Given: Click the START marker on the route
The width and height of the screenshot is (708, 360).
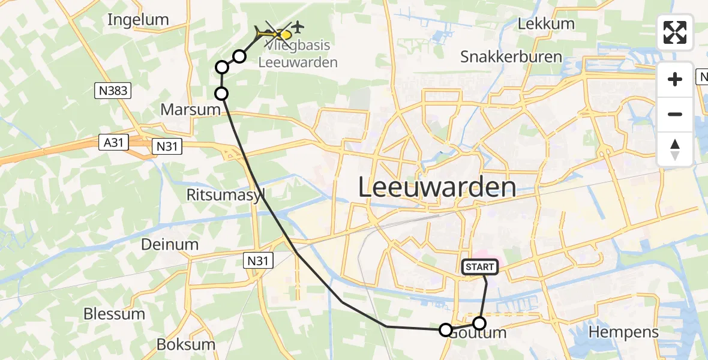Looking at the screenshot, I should point(479,267).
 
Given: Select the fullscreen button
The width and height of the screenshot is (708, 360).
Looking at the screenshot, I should point(675,32).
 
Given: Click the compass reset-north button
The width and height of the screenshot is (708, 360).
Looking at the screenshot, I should point(675,149).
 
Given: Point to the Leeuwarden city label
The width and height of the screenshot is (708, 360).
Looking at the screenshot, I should point(437,187).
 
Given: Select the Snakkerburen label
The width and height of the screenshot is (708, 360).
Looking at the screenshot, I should point(511,57).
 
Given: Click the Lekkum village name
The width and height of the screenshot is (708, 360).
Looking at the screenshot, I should point(546,24).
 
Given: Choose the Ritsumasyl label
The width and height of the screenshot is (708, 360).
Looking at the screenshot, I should point(226,195).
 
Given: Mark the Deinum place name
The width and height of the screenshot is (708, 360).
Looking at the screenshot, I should point(170,244).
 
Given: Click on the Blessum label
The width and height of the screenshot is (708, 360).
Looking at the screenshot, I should point(114,314).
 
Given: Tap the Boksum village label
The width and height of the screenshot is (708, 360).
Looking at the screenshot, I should point(185,344).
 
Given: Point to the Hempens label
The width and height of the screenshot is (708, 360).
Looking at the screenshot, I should point(624,332).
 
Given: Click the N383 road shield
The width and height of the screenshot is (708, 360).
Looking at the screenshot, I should point(113,91).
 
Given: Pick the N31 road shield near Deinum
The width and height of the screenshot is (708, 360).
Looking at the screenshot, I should point(259,260).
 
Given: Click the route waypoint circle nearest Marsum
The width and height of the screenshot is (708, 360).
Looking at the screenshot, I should point(222,93).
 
